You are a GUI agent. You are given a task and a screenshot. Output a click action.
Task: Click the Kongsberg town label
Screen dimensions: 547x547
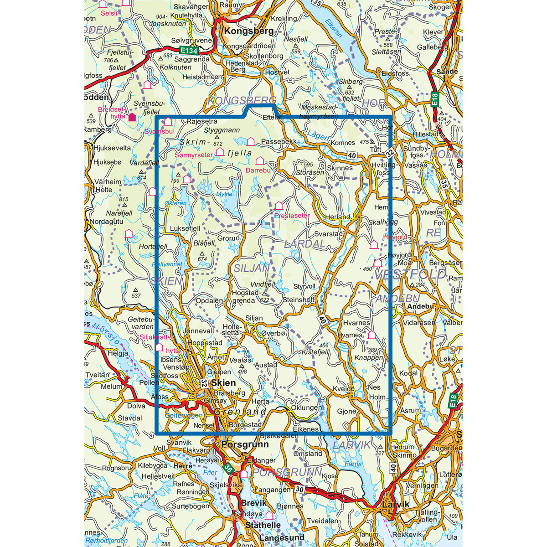(249, 31)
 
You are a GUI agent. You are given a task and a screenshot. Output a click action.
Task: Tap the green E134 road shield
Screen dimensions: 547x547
(189, 50)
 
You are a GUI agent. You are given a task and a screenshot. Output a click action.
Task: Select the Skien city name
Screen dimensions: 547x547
(223, 383)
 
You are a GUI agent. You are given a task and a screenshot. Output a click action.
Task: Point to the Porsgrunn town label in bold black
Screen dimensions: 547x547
(245, 444)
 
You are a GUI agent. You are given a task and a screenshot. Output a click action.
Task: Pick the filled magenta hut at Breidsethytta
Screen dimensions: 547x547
(132, 117)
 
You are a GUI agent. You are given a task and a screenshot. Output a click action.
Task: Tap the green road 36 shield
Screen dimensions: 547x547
(228, 468)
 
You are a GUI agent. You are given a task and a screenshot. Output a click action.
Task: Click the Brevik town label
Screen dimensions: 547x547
(253, 503)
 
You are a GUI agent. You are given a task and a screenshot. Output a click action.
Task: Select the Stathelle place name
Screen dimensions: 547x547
(263, 525)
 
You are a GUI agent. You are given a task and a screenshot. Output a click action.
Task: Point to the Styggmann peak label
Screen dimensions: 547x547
(222, 130)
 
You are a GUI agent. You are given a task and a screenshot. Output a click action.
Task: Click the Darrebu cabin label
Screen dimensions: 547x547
(258, 170)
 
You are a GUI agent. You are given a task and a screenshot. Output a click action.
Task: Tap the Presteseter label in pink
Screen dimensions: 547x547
(292, 215)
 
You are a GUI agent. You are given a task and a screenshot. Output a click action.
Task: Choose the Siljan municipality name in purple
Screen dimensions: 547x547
(252, 268)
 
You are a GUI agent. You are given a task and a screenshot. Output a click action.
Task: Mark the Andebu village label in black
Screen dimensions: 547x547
(420, 306)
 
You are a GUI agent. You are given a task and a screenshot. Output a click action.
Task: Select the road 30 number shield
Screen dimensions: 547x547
(299, 489)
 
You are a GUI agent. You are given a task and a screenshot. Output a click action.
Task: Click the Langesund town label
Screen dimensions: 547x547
(282, 538)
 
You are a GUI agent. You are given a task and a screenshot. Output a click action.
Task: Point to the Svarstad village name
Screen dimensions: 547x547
(329, 233)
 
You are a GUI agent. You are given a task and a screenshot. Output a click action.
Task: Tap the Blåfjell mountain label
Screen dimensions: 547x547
(203, 243)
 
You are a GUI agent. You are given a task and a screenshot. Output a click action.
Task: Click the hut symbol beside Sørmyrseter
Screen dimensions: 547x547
(220, 151)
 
